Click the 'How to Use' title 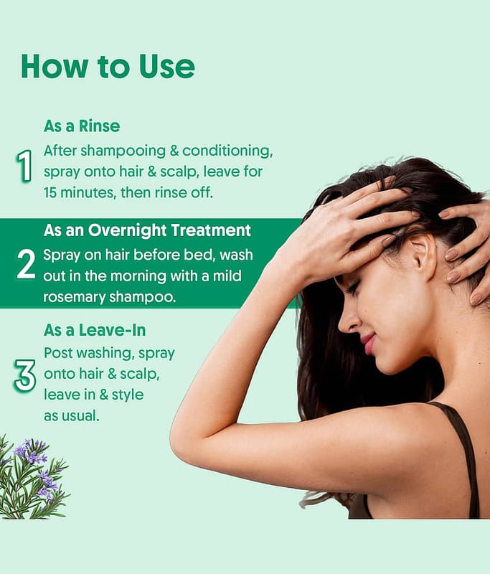(108, 67)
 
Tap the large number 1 (24, 166)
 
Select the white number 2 (26, 264)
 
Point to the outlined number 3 (25, 375)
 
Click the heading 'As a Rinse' (82, 126)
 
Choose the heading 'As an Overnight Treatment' (147, 230)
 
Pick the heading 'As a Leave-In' (95, 330)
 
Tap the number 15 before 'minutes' (50, 192)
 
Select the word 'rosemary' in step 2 (75, 297)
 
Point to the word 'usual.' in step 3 (80, 416)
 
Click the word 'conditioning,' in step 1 (227, 151)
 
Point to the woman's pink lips (369, 344)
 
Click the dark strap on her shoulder (463, 458)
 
